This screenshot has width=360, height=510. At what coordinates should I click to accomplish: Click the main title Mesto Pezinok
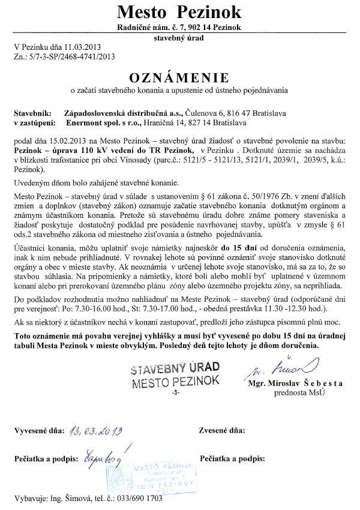coord(179,11)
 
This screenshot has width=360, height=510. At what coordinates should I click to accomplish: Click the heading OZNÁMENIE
coord(179,78)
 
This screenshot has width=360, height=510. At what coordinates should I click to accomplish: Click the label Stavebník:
coord(31,112)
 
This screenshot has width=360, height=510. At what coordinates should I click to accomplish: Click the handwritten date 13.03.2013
coord(95,430)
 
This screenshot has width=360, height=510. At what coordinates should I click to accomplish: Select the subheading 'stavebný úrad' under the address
coord(179,37)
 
